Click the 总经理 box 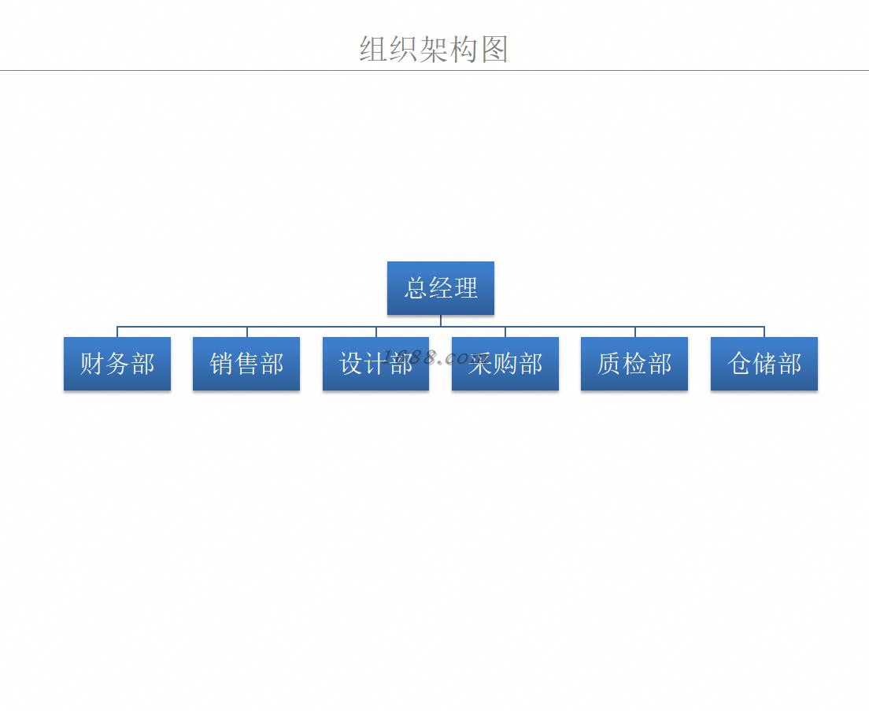click(x=441, y=288)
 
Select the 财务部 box click(x=117, y=364)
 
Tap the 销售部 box click(x=246, y=364)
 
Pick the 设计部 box click(x=375, y=364)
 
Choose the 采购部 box click(x=505, y=364)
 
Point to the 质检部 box click(x=634, y=364)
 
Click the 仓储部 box click(x=764, y=364)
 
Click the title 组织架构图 click(x=434, y=49)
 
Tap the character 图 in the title click(x=494, y=49)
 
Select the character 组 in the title click(x=374, y=49)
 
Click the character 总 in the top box click(x=416, y=288)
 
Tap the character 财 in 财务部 click(x=93, y=364)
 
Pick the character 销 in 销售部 click(x=222, y=364)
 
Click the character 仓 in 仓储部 click(x=740, y=364)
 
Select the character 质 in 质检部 click(x=610, y=364)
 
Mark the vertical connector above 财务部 click(x=117, y=331)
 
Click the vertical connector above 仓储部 click(x=764, y=331)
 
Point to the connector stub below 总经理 click(x=441, y=320)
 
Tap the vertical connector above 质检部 click(x=635, y=331)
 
